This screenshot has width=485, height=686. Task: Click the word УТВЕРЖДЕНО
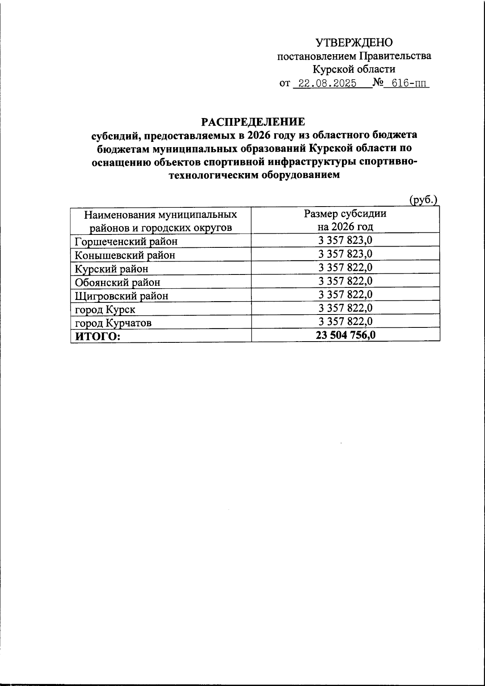click(x=354, y=42)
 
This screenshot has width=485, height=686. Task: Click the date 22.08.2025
click(x=325, y=84)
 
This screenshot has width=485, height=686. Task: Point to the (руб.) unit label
click(x=423, y=199)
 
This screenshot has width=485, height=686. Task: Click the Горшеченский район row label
click(x=126, y=242)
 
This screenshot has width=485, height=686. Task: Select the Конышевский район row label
click(x=125, y=255)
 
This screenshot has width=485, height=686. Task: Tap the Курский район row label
click(x=112, y=269)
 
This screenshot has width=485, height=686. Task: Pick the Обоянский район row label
click(x=118, y=282)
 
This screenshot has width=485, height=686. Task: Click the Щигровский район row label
click(x=121, y=296)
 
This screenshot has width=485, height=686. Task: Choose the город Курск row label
click(x=105, y=310)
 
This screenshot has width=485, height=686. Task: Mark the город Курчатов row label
click(x=114, y=323)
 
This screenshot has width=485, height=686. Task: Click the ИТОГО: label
click(x=96, y=336)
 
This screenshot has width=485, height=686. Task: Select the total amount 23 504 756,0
click(x=345, y=335)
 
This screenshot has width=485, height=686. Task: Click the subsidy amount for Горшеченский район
click(x=345, y=241)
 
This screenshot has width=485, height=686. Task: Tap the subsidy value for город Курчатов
click(x=345, y=321)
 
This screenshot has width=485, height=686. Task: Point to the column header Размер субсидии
click(x=345, y=214)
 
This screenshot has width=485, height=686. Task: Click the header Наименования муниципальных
click(x=160, y=214)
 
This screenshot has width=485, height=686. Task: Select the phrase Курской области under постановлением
click(x=354, y=70)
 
